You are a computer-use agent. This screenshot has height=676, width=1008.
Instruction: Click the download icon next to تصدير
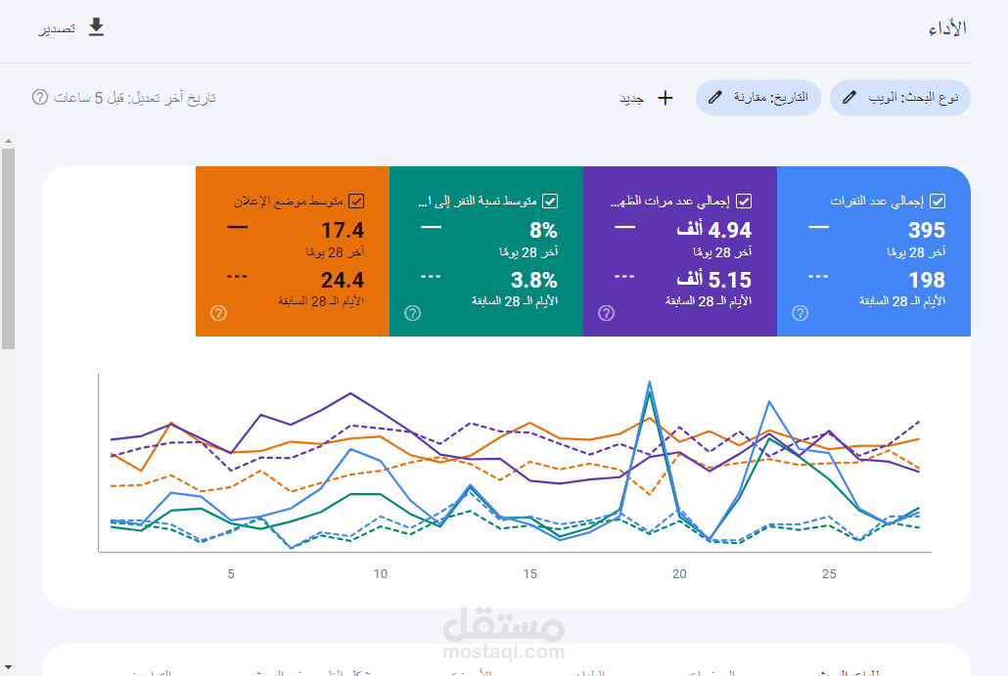pos(96,27)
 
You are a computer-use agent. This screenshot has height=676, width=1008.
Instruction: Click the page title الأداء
pos(947,28)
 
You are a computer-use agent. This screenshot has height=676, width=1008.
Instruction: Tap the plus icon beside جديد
pos(665,98)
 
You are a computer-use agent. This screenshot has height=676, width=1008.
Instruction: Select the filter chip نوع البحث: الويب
pos(900,98)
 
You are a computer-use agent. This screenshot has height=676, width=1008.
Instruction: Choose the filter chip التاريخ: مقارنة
pos(758,98)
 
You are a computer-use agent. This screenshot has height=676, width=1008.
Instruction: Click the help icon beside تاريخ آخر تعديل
pos(40,97)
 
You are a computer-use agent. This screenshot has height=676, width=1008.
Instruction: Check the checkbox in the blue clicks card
pos(938,202)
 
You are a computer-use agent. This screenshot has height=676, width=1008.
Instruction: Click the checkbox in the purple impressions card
pos(744,202)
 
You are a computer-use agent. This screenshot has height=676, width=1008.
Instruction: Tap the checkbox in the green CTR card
pos(550,202)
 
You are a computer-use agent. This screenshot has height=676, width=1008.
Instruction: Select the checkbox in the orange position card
pos(356,202)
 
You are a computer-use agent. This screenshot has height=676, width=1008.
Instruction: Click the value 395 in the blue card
pos(926,231)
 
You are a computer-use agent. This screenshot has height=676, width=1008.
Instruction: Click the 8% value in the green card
pos(543,231)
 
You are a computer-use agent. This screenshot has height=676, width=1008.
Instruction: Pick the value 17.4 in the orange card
pos(343,231)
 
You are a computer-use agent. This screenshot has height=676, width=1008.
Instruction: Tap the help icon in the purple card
pos(607,313)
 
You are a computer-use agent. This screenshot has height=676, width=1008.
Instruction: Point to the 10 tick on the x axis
pos(381,574)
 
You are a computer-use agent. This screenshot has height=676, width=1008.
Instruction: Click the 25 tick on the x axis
pos(829,574)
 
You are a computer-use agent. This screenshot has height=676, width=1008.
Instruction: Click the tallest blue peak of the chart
pos(649,382)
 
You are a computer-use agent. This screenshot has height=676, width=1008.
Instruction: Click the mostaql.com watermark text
pos(504,652)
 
